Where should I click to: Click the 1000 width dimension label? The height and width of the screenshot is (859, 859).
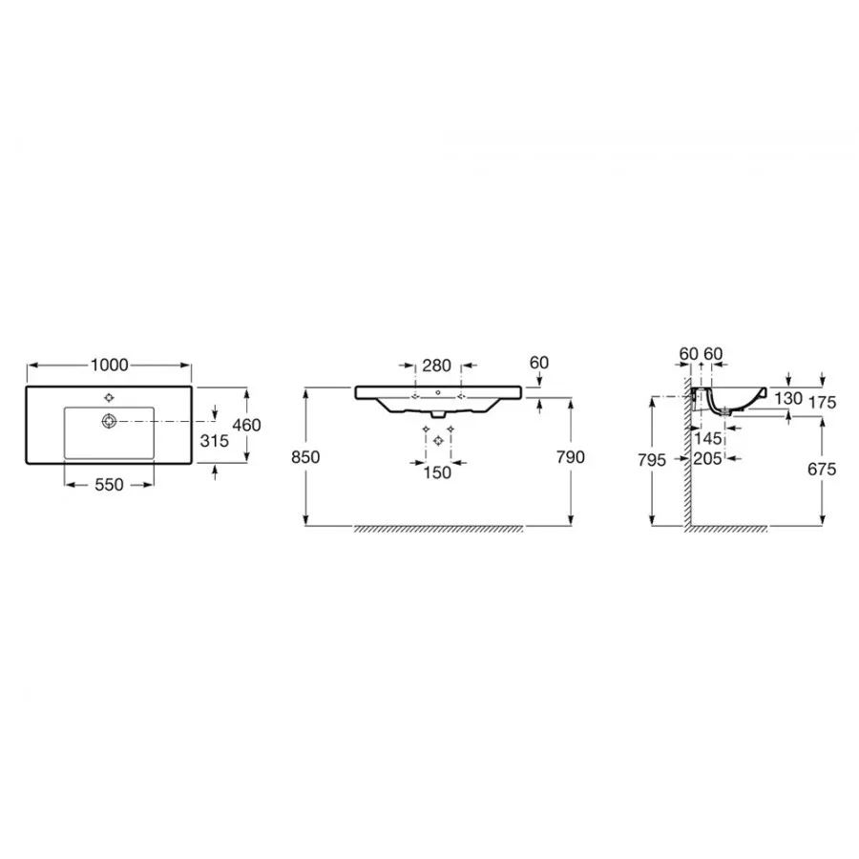pos(109,365)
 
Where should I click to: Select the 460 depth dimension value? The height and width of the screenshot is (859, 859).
pos(246,425)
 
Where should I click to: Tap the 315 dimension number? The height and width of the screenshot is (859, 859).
pos(214,440)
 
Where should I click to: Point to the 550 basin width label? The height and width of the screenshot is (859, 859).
pos(109,484)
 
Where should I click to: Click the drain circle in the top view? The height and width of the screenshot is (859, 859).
pos(109,421)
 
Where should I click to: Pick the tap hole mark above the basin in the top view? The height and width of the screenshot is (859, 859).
pos(109,398)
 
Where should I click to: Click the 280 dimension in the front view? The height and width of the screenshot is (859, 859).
pos(436,366)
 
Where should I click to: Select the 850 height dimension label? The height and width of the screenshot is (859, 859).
pos(305,457)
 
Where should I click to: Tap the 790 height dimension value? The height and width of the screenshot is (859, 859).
pos(571,457)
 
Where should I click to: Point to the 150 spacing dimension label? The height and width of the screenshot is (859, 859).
pos(436,472)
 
